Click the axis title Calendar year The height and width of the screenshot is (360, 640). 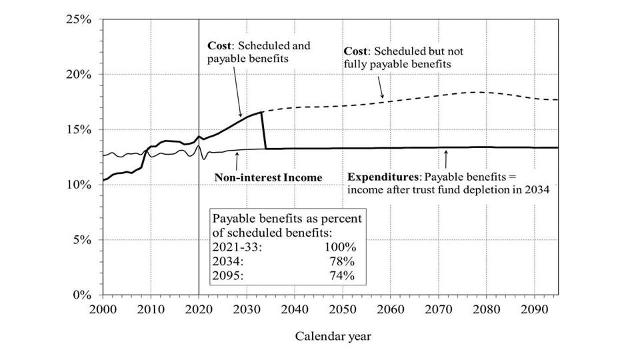tap(333, 336)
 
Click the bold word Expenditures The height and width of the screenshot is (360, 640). tap(383, 177)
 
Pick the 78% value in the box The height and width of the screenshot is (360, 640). tap(341, 261)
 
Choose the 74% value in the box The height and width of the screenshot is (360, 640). tap(341, 275)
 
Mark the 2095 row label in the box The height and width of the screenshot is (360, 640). tap(225, 275)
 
